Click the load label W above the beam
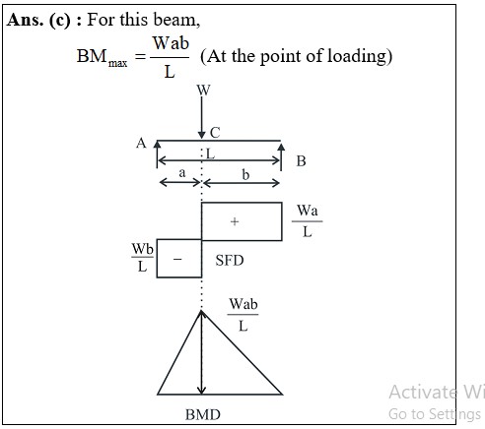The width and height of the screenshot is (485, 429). [203, 90]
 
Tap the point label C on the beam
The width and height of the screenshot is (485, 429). [215, 133]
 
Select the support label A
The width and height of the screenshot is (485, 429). [141, 143]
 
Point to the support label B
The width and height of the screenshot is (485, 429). [301, 161]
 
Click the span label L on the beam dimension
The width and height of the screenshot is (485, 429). [210, 153]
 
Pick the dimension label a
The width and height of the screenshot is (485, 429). [182, 172]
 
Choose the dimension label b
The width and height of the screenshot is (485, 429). [245, 174]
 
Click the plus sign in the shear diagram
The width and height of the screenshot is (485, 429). [235, 221]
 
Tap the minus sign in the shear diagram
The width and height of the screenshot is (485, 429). [177, 259]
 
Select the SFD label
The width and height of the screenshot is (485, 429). [230, 261]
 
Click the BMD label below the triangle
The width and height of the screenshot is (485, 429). [203, 414]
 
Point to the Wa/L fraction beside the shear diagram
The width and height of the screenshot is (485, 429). [308, 221]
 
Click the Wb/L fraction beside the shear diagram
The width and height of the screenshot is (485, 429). [142, 258]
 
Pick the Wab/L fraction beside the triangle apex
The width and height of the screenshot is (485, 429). [243, 315]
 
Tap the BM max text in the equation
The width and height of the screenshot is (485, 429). [102, 58]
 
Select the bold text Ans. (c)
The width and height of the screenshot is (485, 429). [38, 20]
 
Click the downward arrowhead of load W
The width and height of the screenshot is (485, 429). [202, 135]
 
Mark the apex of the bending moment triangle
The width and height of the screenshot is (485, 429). [201, 311]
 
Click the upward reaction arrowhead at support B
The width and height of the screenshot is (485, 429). [281, 147]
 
